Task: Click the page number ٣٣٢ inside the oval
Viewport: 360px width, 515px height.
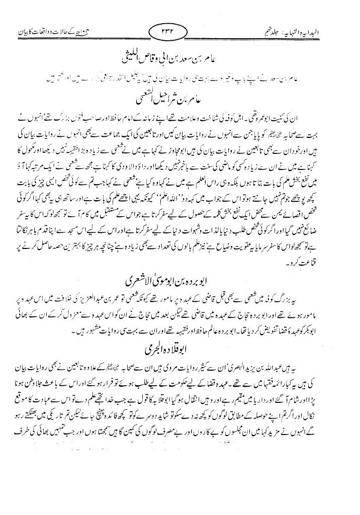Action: [181, 34]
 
